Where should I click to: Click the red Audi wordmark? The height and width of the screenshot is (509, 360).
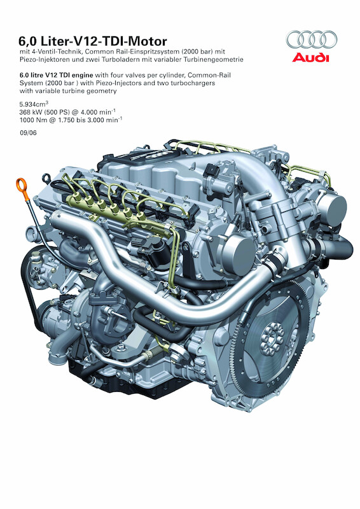click(x=310, y=58)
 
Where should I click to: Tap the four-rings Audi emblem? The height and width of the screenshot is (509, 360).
click(x=312, y=39)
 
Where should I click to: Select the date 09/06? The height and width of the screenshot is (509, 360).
click(x=28, y=132)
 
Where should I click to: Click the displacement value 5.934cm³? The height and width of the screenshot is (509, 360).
click(x=34, y=104)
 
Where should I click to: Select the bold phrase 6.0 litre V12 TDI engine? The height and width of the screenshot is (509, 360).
click(x=56, y=75)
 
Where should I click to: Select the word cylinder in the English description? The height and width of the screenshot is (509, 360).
click(x=174, y=75)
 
